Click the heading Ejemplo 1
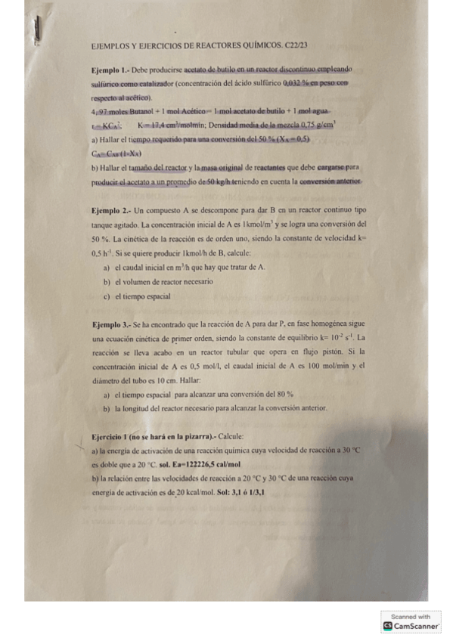pos(104,69)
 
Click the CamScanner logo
pos(411,626)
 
